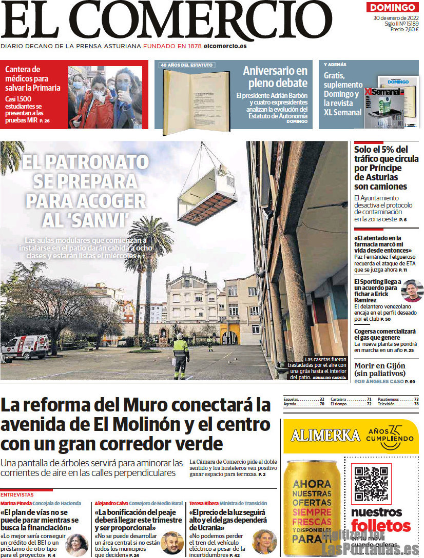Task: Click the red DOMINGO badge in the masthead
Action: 393,7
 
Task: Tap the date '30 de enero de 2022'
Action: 396,18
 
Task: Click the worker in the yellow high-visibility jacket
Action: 180,355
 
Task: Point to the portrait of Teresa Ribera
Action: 264,541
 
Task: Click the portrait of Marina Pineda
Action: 76,544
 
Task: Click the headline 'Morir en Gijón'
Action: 380,366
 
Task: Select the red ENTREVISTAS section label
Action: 17,495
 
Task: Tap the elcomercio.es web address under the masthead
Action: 225,46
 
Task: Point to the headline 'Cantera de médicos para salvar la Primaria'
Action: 33,78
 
